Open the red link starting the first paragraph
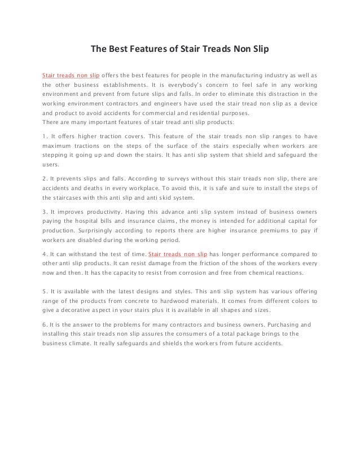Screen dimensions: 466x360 coord(67,76)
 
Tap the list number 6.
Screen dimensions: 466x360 coord(45,326)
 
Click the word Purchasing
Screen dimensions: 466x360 coord(280,326)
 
